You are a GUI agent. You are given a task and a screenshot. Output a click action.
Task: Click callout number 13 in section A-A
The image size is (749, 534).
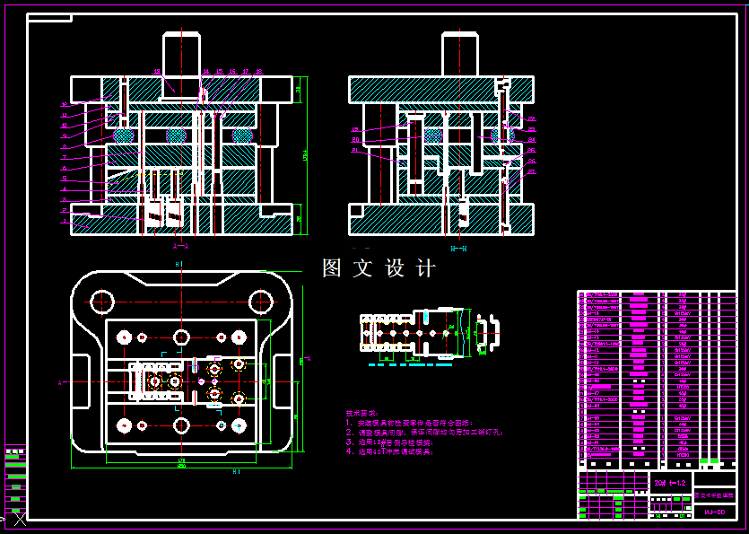(x=157, y=71)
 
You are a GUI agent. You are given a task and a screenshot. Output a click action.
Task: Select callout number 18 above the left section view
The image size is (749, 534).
(x=258, y=71)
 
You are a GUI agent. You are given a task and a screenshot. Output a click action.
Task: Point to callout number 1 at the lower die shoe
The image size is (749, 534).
(x=65, y=222)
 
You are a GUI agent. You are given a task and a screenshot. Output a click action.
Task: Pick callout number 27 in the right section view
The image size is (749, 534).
(x=532, y=171)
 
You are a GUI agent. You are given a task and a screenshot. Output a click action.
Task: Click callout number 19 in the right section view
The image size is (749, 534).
(x=355, y=129)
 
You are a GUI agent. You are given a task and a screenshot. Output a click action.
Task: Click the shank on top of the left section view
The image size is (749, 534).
(x=181, y=54)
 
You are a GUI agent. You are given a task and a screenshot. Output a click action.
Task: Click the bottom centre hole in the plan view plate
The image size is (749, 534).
(x=182, y=425)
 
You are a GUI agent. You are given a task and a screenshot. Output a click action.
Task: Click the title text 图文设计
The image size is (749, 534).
(x=379, y=268)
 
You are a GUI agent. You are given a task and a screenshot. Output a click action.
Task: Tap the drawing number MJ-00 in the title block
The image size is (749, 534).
(x=714, y=512)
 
